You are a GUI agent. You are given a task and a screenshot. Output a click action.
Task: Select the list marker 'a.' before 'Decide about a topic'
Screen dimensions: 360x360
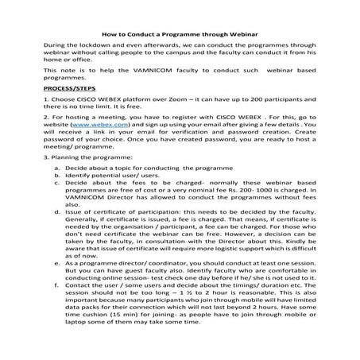click(x=57, y=190)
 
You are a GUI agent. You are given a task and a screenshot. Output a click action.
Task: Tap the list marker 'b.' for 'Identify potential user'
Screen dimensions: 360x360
click(x=57, y=199)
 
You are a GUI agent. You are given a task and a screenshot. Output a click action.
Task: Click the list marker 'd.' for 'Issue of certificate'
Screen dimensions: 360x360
click(x=57, y=235)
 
